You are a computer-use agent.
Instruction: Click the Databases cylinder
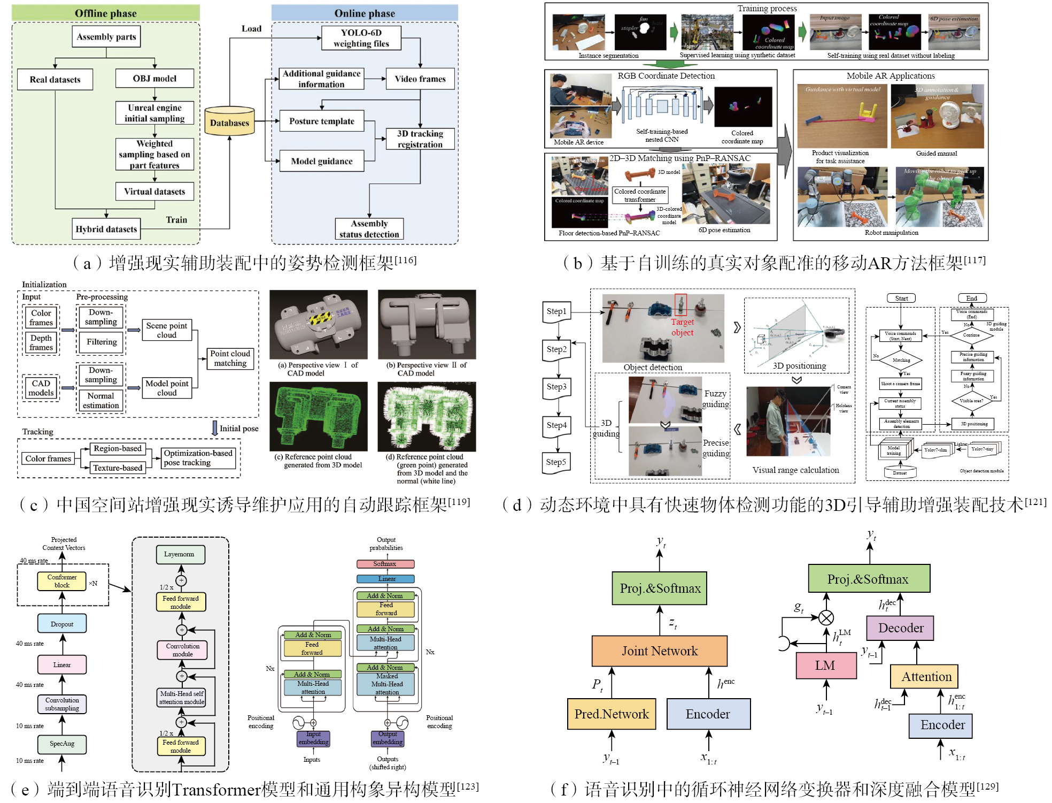coord(229,121)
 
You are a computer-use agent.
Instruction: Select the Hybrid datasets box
coord(106,229)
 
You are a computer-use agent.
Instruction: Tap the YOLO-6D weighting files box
coord(361,38)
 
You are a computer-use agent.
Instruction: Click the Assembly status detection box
coord(369,229)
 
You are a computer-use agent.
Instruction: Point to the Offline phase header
coord(106,13)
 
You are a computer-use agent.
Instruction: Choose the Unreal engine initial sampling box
coord(154,113)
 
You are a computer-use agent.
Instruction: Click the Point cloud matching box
coord(230,358)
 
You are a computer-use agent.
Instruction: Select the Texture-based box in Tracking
coord(118,468)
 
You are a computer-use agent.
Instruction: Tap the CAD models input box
coord(41,388)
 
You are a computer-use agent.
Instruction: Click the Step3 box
coord(556,387)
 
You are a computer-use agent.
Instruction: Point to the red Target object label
coord(682,327)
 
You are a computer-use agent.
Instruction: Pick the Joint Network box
coord(660,651)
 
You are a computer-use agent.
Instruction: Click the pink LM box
coord(825,666)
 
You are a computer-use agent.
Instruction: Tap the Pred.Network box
coord(612,714)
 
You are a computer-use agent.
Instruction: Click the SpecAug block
coord(62,744)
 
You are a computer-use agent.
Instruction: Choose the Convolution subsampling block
coord(62,704)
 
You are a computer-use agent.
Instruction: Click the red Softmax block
coord(385,564)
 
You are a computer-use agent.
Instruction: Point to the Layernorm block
coord(180,554)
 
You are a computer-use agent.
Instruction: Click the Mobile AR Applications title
coord(891,76)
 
